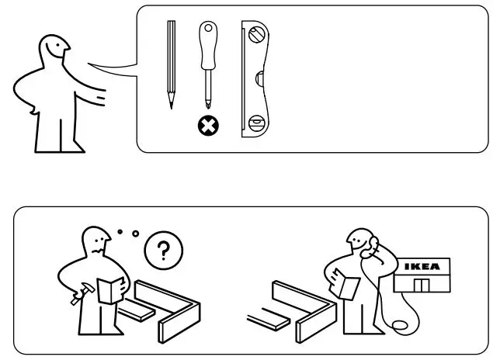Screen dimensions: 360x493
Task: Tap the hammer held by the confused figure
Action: coord(78,293)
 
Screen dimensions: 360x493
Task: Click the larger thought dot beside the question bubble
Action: coord(135,233)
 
